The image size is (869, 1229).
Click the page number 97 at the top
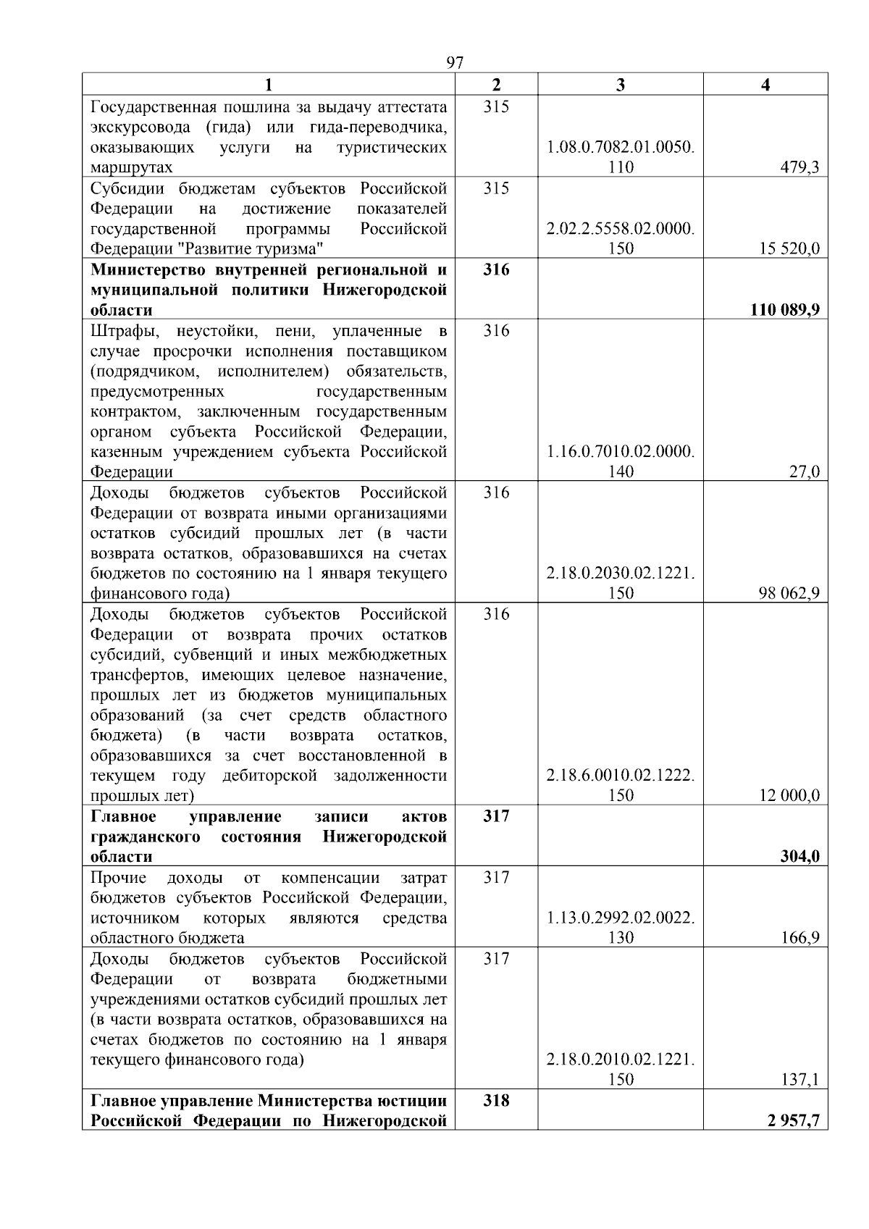(455, 62)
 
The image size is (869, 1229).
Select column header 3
(620, 85)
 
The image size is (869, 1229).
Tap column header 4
(765, 85)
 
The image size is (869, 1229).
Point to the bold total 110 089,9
(785, 310)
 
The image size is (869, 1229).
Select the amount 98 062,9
(789, 594)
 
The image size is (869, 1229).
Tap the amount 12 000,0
(789, 796)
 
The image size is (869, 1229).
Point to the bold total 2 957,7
(794, 1121)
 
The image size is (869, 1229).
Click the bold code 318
(496, 1101)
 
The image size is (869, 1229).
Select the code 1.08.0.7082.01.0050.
(621, 148)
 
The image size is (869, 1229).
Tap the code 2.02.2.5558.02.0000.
(621, 229)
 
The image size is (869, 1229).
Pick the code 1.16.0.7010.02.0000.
(621, 452)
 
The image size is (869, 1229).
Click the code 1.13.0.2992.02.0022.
(621, 918)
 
